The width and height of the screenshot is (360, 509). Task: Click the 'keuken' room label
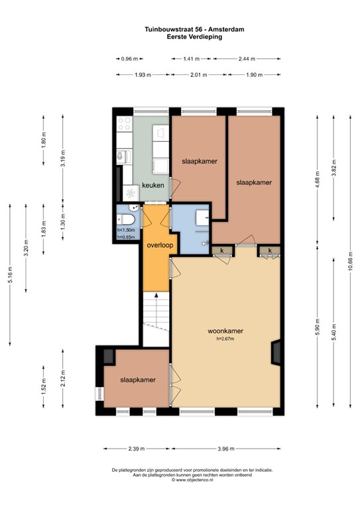[153, 186]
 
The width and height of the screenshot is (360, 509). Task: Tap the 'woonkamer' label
[225, 331]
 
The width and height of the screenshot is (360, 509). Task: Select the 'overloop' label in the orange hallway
[160, 245]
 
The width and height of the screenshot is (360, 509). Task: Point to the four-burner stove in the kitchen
[125, 124]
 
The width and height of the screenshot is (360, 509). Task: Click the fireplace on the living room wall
[276, 353]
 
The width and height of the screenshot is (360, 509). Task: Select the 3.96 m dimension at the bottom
[226, 449]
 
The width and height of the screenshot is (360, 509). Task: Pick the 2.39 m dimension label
[137, 449]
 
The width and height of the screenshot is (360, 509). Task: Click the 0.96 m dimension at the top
[129, 59]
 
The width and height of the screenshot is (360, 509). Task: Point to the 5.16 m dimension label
[10, 274]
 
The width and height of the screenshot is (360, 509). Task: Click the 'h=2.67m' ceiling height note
[225, 339]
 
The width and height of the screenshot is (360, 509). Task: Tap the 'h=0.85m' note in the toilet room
[126, 237]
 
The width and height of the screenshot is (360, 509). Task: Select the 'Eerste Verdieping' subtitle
[194, 36]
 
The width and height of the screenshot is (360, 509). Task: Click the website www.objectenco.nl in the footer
[192, 479]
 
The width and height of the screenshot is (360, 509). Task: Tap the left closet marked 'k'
[222, 251]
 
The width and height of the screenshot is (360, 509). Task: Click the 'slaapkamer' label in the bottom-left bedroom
[138, 380]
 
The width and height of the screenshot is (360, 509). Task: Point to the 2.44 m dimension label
[247, 59]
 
